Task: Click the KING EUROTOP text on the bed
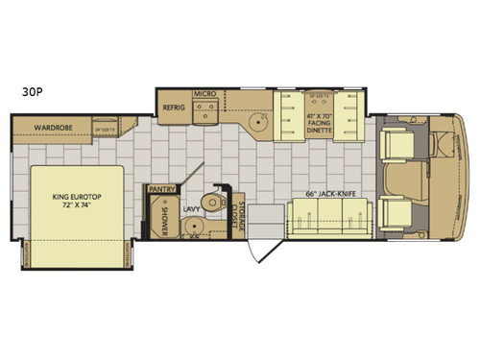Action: coord(74,200)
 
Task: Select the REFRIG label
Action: coord(174,108)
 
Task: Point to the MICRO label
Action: coord(203,94)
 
